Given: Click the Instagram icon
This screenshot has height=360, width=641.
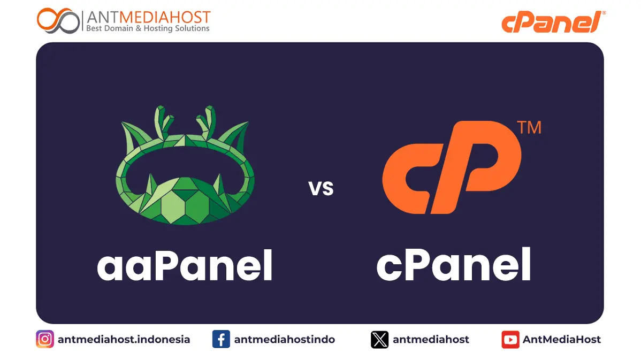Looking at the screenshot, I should click(x=45, y=339).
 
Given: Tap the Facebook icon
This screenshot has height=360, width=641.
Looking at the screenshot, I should click(x=221, y=339).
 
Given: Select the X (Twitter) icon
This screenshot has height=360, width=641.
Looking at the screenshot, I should click(x=379, y=339).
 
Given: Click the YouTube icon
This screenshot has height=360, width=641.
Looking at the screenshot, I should click(x=510, y=339).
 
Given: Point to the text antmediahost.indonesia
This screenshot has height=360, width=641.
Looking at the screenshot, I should click(x=124, y=339).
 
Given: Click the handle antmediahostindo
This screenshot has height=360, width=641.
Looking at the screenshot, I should click(x=284, y=339).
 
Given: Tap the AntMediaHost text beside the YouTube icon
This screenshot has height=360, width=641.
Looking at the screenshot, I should click(x=561, y=339).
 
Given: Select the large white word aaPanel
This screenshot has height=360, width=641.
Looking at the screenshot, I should click(x=185, y=266).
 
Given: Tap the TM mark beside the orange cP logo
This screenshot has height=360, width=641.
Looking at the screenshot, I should click(x=529, y=128).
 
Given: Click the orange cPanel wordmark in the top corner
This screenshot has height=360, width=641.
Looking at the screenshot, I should click(x=550, y=22).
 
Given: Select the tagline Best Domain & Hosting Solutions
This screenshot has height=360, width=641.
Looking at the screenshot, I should click(x=148, y=28).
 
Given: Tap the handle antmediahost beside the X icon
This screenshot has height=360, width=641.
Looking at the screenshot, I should click(x=431, y=339).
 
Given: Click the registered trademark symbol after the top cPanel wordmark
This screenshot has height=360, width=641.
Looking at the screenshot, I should click(x=604, y=13).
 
